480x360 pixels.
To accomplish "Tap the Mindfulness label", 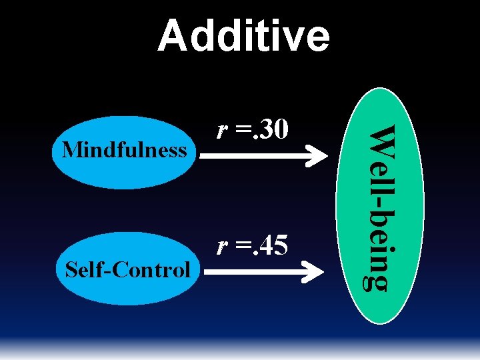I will pos(123,150).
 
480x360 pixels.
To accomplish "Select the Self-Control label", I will pos(127,270).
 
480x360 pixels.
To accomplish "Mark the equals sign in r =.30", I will pos(239,130).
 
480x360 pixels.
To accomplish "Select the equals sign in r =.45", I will pos(239,247).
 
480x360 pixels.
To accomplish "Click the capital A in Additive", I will pos(172,36).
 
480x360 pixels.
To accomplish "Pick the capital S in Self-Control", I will pos(69,270).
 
